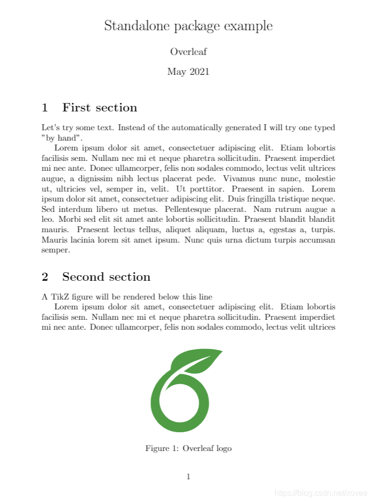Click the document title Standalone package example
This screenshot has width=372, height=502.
click(x=188, y=26)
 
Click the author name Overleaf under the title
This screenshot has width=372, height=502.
click(x=188, y=51)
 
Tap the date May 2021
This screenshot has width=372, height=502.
click(x=188, y=72)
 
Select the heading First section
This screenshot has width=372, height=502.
click(x=100, y=107)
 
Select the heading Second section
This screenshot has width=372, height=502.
click(x=106, y=277)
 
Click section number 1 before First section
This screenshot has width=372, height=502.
click(x=45, y=107)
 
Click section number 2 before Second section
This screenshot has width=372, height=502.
click(x=45, y=277)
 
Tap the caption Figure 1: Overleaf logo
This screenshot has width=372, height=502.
click(x=188, y=449)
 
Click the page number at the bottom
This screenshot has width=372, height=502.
click(x=188, y=477)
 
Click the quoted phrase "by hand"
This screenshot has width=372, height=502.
click(x=62, y=138)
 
